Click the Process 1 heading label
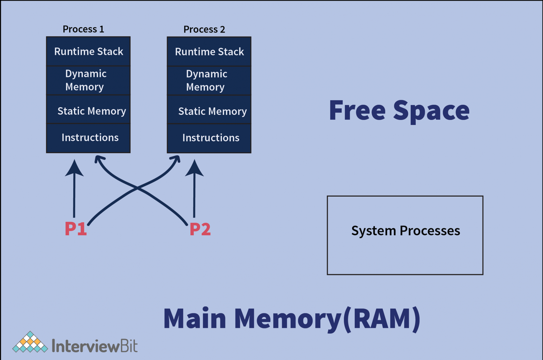pyautogui.click(x=83, y=29)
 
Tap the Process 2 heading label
pyautogui.click(x=204, y=29)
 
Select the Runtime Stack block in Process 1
pyautogui.click(x=88, y=51)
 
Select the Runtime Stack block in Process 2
pyautogui.click(x=209, y=51)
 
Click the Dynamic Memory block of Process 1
pyautogui.click(x=88, y=80)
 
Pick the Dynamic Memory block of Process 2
pyautogui.click(x=209, y=80)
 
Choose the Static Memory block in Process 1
pyautogui.click(x=88, y=111)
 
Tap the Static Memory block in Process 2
pyautogui.click(x=209, y=111)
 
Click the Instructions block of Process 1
pyautogui.click(x=88, y=137)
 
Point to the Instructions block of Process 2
pyautogui.click(x=209, y=138)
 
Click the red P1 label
pyautogui.click(x=76, y=229)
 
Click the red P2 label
pyautogui.click(x=200, y=229)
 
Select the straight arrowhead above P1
pyautogui.click(x=75, y=168)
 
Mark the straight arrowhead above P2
pyautogui.click(x=194, y=168)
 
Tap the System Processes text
pyautogui.click(x=405, y=231)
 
